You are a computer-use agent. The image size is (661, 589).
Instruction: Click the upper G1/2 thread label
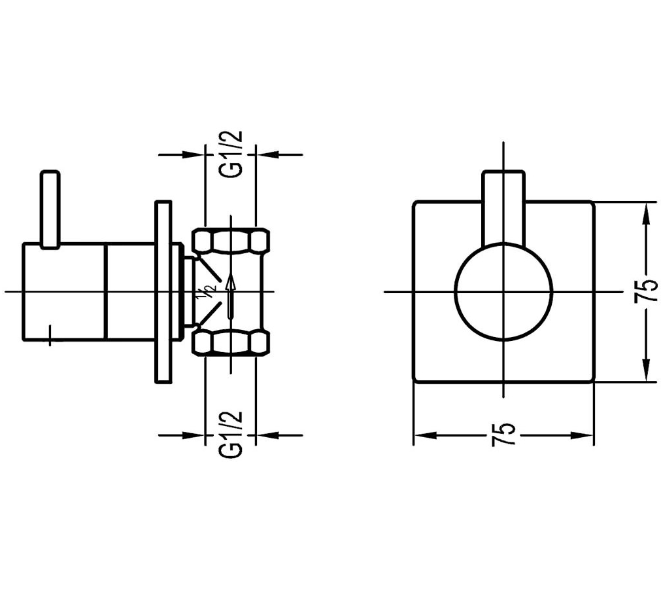coord(231,154)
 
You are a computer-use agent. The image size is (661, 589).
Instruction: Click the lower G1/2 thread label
coord(231,434)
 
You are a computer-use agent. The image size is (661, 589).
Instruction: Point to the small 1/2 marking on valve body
coord(208,292)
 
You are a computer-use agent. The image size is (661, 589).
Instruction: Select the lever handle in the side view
coord(50,209)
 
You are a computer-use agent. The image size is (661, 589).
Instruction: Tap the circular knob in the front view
coord(503,292)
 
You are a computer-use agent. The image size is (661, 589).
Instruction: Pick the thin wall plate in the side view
coord(163,292)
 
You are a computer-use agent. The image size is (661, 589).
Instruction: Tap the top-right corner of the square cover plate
coord(592,202)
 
